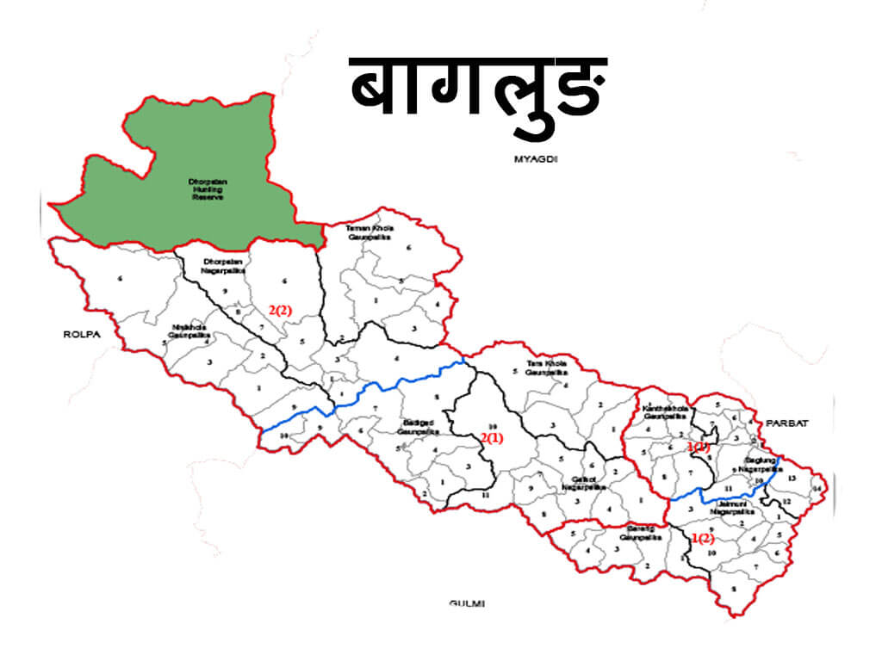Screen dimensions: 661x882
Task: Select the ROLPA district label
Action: pos(78,334)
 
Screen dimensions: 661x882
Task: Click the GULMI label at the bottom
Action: pos(467,603)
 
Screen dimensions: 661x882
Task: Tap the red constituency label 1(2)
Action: pos(703,539)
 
